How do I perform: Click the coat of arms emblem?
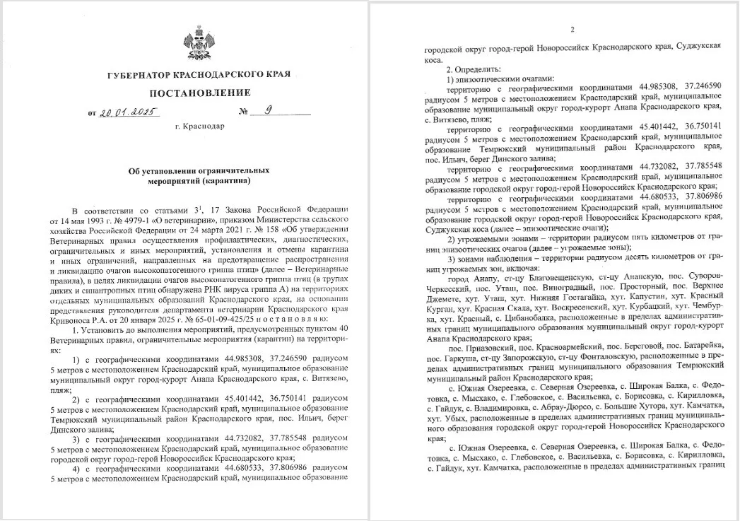tap(199, 41)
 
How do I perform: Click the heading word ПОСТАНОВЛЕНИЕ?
tap(199, 93)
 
